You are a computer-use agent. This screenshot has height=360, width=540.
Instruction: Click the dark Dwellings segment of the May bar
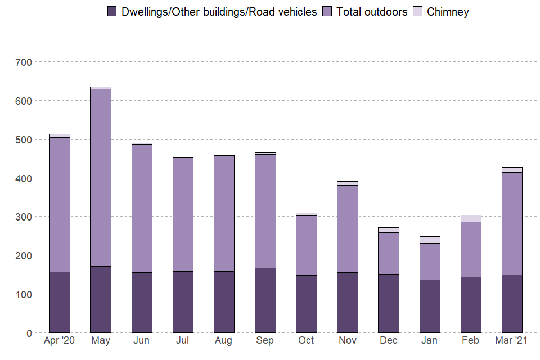(101, 299)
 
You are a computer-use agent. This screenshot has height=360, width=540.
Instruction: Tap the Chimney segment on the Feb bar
(471, 218)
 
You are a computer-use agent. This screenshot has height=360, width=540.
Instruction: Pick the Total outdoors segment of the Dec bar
(389, 253)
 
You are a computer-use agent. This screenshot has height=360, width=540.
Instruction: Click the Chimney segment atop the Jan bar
(430, 240)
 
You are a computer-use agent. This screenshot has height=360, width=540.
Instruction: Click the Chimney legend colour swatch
(418, 12)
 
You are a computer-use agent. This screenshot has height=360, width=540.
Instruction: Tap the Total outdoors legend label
(372, 12)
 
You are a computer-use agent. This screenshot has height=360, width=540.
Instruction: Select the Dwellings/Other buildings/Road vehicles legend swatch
(112, 12)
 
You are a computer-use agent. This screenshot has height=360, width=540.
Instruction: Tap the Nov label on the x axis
(348, 341)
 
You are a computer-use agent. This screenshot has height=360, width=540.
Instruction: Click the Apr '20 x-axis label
(60, 341)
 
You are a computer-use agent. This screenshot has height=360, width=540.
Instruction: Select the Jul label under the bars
(183, 341)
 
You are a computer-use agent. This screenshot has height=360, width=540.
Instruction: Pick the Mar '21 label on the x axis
(512, 341)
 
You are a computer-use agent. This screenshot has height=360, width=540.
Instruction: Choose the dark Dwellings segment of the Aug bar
(224, 302)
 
